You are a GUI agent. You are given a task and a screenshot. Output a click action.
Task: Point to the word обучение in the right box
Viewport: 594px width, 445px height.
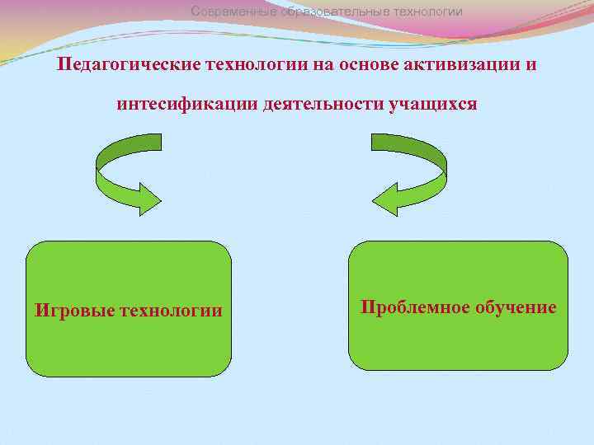(516, 307)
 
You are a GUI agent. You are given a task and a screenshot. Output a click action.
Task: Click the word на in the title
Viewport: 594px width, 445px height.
(322, 64)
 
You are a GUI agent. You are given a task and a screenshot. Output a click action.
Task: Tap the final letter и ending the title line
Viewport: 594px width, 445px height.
(531, 64)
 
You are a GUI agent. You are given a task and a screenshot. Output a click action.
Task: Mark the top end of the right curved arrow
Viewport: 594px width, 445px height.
(379, 142)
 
